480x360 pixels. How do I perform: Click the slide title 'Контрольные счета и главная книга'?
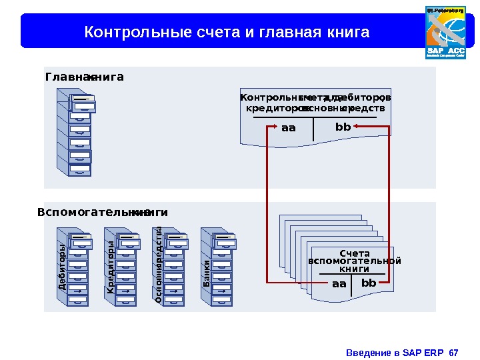pyautogui.click(x=226, y=31)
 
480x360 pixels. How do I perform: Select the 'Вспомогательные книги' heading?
pyautogui.click(x=103, y=213)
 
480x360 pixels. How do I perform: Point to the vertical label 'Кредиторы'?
pyautogui.click(x=111, y=267)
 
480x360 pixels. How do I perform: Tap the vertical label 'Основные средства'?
pyautogui.click(x=159, y=265)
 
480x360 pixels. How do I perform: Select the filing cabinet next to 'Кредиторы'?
pyautogui.click(x=126, y=267)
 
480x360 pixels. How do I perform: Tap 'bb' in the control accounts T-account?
pyautogui.click(x=343, y=127)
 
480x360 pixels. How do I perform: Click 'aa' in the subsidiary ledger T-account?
pyautogui.click(x=339, y=284)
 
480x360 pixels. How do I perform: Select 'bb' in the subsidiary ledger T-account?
pyautogui.click(x=369, y=283)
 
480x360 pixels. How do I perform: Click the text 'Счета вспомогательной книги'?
pyautogui.click(x=355, y=261)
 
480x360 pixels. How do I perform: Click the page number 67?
pyautogui.click(x=455, y=352)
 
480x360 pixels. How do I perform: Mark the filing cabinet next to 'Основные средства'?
pyautogui.click(x=174, y=267)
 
